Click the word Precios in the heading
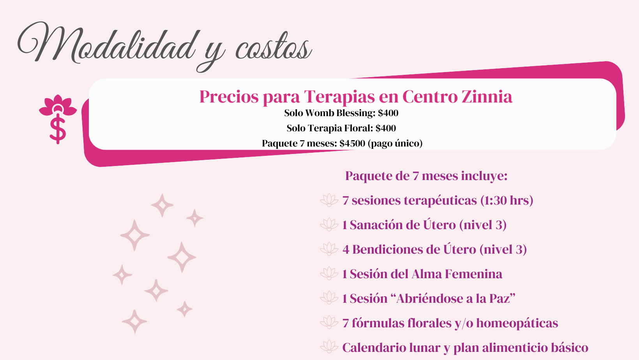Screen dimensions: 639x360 [x=229, y=97]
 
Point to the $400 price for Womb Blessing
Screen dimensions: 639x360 [x=388, y=113]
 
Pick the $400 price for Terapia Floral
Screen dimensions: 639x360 [x=386, y=128]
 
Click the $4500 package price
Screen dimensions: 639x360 [x=352, y=143]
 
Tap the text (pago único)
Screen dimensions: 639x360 [x=395, y=143]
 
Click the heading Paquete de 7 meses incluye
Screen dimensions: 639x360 [x=427, y=176]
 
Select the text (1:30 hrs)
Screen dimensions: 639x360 [x=507, y=200]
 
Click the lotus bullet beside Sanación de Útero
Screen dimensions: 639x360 [x=329, y=224]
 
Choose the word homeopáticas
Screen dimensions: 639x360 [x=517, y=323]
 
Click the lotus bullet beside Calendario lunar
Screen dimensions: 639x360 [x=329, y=347]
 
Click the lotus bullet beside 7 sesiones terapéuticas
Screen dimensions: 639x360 [x=329, y=200]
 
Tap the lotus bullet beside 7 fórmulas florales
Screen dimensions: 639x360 [x=329, y=322]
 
